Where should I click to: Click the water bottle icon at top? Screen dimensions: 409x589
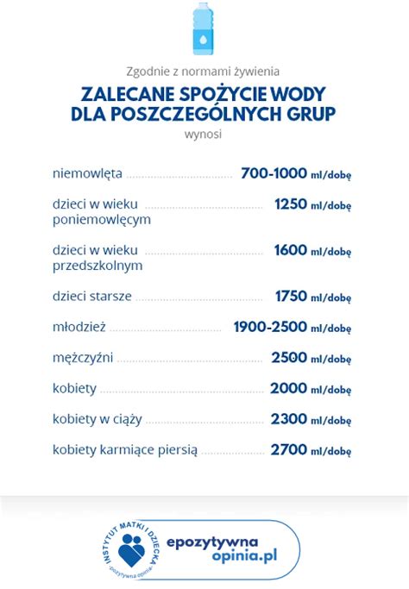(x=204, y=29)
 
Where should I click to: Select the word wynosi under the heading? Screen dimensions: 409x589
(x=204, y=135)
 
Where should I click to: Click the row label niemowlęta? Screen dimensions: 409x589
(x=87, y=173)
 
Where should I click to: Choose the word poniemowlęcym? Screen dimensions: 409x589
(x=102, y=219)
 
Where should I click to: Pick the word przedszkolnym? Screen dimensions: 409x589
(x=98, y=266)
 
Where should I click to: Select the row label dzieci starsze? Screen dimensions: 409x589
(x=92, y=296)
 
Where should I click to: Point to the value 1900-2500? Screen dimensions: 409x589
(x=270, y=327)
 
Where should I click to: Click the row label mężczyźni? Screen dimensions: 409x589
(x=83, y=357)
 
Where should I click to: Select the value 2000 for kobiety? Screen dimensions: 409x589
(x=288, y=388)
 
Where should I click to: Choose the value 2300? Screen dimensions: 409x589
(x=288, y=418)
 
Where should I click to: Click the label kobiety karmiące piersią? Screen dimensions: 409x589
(x=125, y=449)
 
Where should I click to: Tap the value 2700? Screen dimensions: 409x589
(x=288, y=449)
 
